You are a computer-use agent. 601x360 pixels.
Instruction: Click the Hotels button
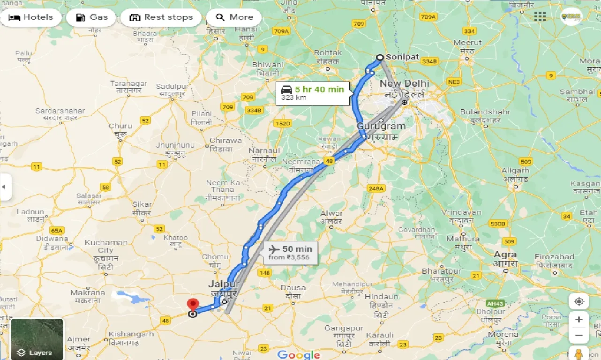[31, 18]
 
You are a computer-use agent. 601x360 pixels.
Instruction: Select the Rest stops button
[161, 18]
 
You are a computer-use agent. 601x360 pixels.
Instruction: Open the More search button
[234, 18]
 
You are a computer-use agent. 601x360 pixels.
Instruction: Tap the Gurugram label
[381, 127]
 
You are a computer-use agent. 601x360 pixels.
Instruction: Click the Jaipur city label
[224, 284]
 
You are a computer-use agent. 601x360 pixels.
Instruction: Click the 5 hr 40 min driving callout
[313, 93]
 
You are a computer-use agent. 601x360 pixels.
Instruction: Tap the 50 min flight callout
[291, 252]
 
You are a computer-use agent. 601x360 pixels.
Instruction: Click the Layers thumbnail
[37, 339]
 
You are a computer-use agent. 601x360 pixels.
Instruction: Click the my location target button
[579, 301]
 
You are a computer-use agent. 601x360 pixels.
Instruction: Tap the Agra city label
[504, 255]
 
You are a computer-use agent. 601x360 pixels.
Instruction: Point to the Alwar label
[331, 214]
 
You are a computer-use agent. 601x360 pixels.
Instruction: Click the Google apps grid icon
[540, 17]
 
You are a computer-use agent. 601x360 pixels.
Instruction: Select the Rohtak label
[328, 53]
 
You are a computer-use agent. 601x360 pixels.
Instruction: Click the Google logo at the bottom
[299, 354]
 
